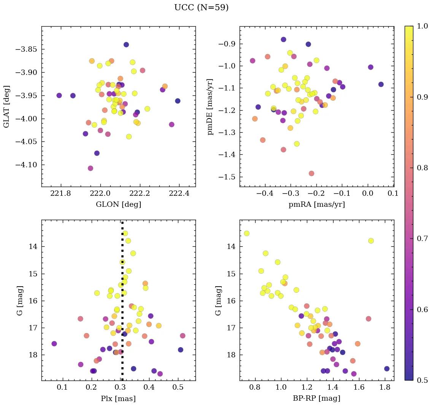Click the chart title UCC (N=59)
click(x=201, y=8)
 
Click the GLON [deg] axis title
click(x=118, y=205)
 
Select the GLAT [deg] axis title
click(x=6, y=106)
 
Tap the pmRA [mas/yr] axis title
click(x=316, y=205)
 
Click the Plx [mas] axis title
click(x=118, y=398)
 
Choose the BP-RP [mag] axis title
click(x=316, y=398)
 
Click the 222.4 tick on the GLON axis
click(x=179, y=195)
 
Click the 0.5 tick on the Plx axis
click(x=178, y=388)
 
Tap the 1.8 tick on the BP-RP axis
click(x=384, y=388)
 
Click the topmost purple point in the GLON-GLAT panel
click(x=126, y=44)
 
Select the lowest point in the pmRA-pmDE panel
click(x=311, y=173)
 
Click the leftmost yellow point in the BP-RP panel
click(x=246, y=233)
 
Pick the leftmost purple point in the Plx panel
click(x=54, y=344)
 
